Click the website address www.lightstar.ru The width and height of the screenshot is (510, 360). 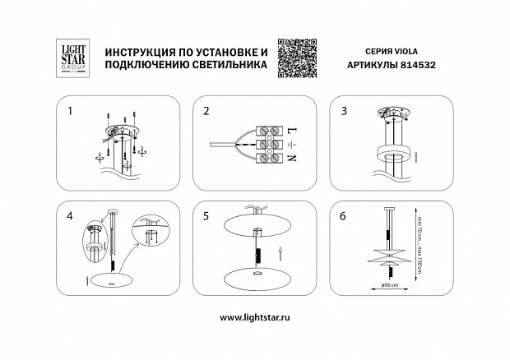254,316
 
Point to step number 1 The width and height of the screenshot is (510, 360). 70,109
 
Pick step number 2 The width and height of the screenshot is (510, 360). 206,109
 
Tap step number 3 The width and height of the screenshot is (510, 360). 344,109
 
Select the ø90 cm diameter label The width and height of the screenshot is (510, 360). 390,286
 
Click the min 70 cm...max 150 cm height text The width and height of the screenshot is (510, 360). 419,243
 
